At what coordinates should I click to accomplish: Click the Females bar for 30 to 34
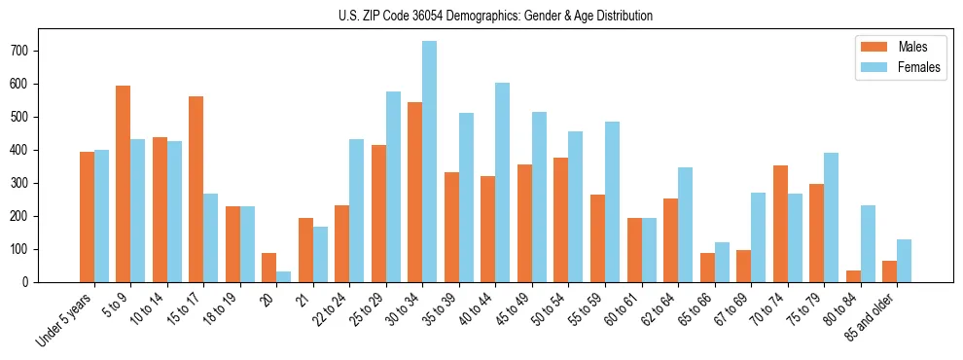[430, 162]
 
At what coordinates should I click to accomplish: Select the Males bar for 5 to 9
[124, 184]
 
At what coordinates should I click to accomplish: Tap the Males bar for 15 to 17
[196, 190]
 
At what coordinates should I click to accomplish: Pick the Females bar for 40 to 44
[503, 182]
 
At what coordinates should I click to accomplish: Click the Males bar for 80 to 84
[853, 276]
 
